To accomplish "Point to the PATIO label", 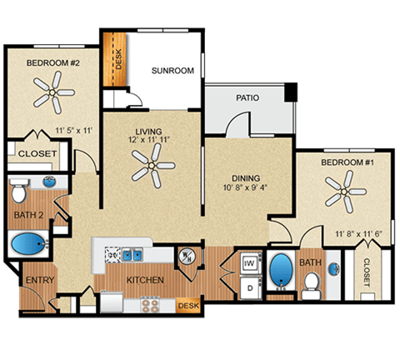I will click(x=247, y=97).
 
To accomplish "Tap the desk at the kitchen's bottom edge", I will click(x=188, y=305).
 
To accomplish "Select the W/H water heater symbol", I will click(x=187, y=256).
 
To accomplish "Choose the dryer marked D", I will click(x=247, y=287).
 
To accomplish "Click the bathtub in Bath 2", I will click(x=30, y=245).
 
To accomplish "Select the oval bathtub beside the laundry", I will click(x=280, y=272).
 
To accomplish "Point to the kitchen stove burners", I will click(x=150, y=306).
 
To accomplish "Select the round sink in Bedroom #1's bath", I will click(x=333, y=268).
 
